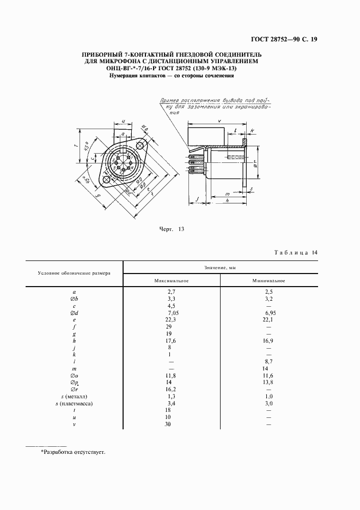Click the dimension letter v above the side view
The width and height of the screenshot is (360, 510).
[218, 120]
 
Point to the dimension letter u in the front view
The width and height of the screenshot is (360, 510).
[124, 122]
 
